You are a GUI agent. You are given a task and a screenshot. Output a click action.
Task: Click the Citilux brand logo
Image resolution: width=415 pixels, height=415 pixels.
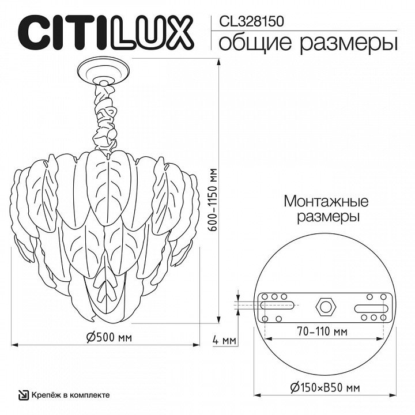pos(106,32)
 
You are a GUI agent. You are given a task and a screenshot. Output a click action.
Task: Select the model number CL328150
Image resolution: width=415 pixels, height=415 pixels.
pos(251,21)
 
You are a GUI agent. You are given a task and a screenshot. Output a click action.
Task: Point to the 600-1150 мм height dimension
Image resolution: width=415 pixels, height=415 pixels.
pos(213,199)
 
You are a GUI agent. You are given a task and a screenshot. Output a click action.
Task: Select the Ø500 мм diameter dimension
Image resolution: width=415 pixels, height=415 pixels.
pos(109,337)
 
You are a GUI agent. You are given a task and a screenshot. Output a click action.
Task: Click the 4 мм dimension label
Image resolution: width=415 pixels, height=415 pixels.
pos(224,340)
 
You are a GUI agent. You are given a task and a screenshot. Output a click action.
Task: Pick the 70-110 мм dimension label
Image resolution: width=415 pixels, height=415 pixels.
pos(322,331)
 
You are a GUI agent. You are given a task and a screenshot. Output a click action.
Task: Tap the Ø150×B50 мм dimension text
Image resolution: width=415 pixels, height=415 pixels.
pos(325,388)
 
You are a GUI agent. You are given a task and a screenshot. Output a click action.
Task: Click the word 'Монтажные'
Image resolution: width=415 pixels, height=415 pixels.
pos(326,201)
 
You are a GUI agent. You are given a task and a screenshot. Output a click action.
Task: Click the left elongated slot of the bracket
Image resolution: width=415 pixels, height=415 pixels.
pos(277,305)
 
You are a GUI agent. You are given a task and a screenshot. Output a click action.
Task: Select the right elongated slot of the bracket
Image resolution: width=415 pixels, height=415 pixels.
pos(371,309)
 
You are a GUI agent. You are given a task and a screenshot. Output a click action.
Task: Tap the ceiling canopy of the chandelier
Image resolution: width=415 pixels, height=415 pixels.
pos(104,72)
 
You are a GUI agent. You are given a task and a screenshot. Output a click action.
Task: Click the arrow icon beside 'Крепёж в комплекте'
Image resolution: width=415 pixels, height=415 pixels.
pos(23,395)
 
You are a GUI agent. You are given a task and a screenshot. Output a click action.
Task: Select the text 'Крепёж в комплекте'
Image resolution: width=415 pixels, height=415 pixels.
pos(71,395)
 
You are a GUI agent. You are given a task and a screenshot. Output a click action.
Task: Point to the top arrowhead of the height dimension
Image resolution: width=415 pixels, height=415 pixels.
pos(218,62)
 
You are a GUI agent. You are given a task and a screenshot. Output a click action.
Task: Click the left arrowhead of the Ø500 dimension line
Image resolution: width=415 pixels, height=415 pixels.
pos(14,345)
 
